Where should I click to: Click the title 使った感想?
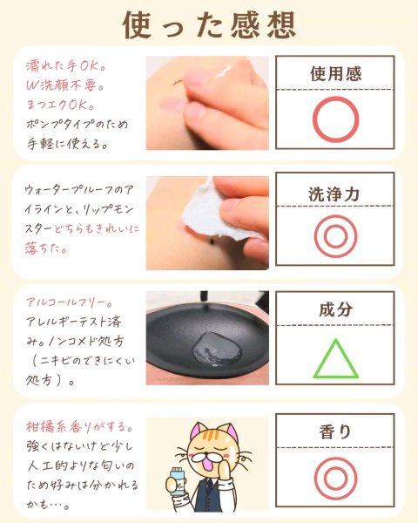[x=209, y=24]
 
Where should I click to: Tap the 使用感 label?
[x=335, y=73]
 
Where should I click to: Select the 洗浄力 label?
[x=334, y=194]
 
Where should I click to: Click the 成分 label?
[x=335, y=309]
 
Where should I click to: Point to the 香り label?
[x=335, y=432]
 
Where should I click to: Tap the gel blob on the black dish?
[x=217, y=349]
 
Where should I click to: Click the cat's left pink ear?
[x=198, y=431]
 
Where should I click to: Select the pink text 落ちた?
[x=46, y=248]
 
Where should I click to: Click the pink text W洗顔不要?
[x=65, y=85]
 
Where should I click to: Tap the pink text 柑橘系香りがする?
[x=79, y=426]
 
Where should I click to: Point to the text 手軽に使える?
[x=67, y=144]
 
